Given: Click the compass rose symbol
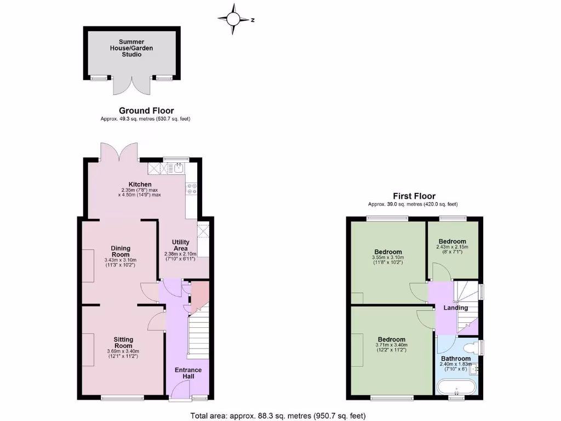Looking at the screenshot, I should coord(233,19).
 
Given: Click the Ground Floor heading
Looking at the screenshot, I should coord(146,111).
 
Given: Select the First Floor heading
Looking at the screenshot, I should coord(414,196).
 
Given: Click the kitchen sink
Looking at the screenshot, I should coord(179,168).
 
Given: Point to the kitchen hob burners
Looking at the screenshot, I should coord(192,189).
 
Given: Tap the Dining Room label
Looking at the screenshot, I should coord(121,251).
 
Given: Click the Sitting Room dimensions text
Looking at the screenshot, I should coord(123,354).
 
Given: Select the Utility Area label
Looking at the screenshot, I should coord(181,246).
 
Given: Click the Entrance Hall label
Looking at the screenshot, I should coord(188,373).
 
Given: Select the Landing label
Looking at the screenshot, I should coord(456,308).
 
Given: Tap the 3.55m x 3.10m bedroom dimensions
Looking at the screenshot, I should coord(388,260).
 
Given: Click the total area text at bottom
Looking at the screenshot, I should coord(278,415).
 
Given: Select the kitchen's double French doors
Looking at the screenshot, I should coord(119,151).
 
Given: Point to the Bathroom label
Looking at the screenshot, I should coord(456,359).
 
